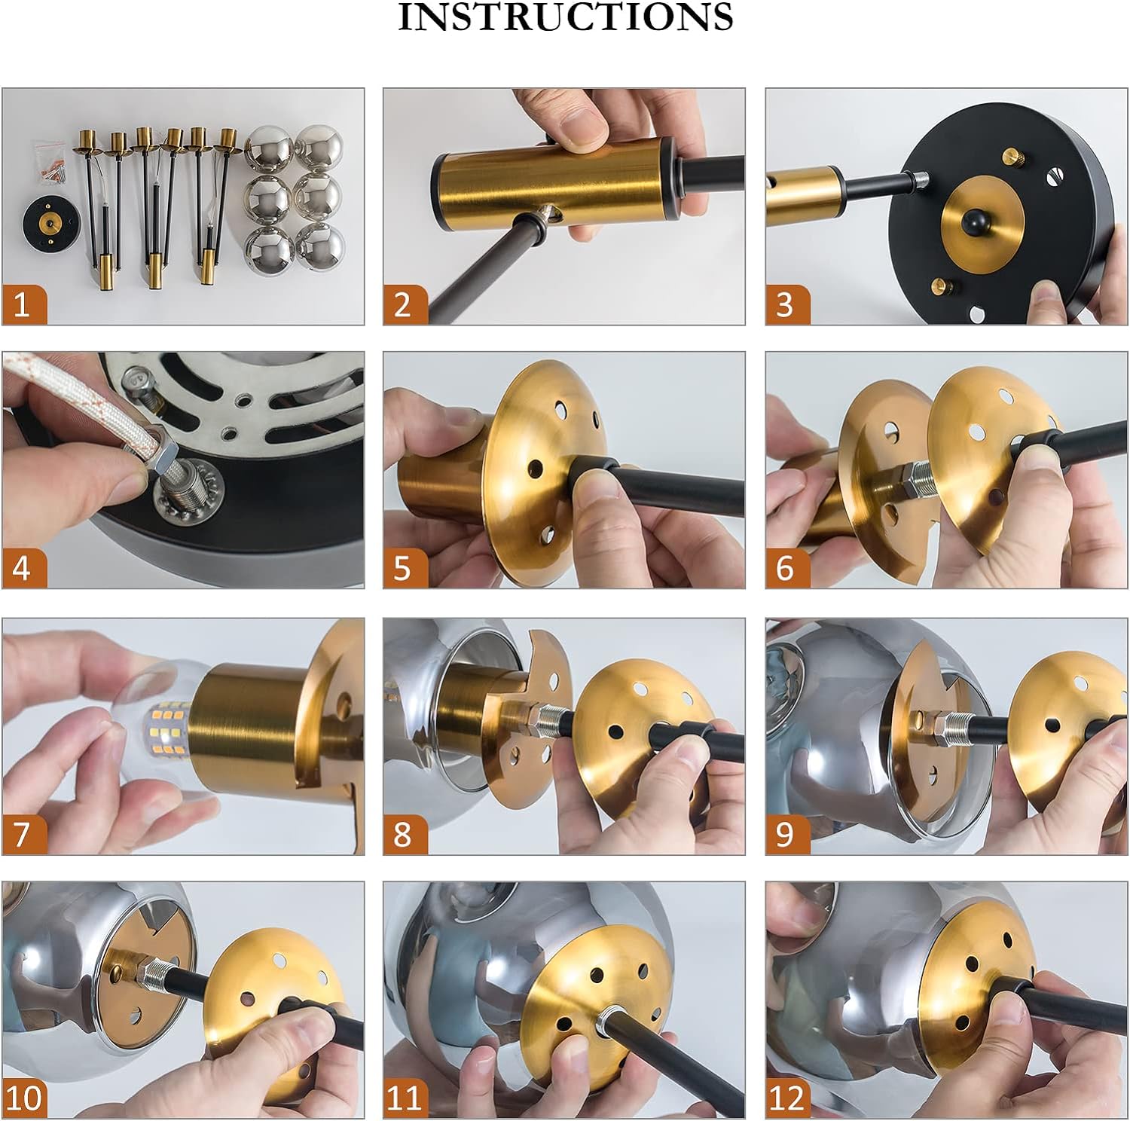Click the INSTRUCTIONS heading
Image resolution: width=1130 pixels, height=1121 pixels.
(565, 17)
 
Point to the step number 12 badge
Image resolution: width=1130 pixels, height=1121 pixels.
(788, 1098)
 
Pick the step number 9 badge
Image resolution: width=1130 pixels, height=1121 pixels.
(788, 834)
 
